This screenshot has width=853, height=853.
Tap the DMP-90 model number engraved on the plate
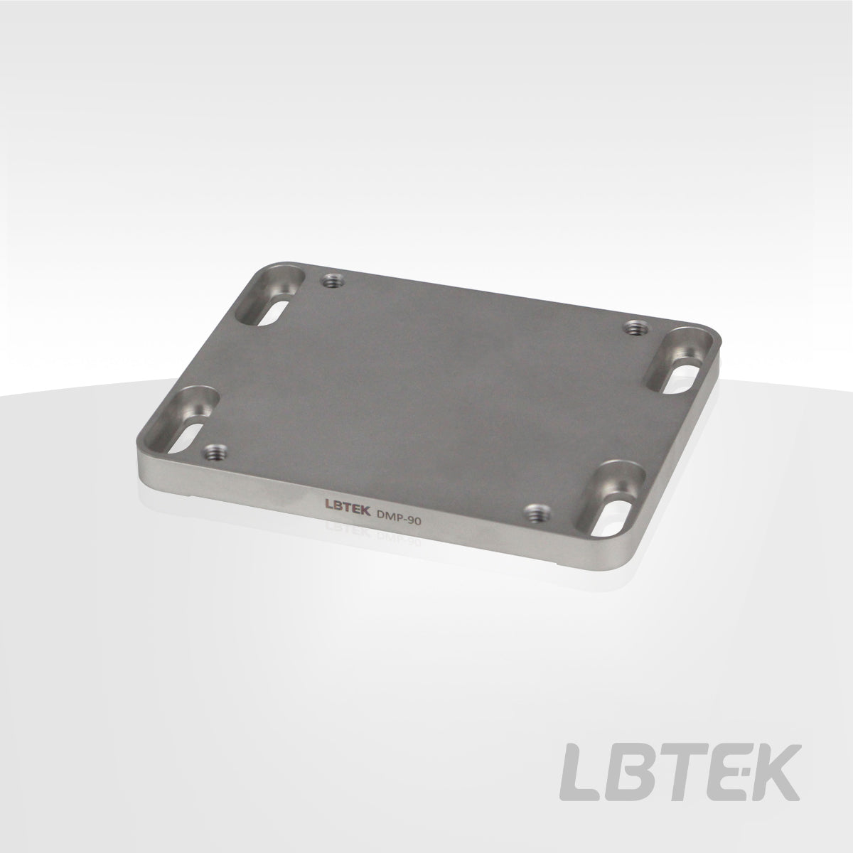(x=398, y=517)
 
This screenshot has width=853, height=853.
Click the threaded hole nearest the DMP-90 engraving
(x=537, y=513)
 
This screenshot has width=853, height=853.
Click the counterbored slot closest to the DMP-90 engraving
(x=609, y=498)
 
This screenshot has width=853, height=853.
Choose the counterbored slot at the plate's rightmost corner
(x=679, y=360)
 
